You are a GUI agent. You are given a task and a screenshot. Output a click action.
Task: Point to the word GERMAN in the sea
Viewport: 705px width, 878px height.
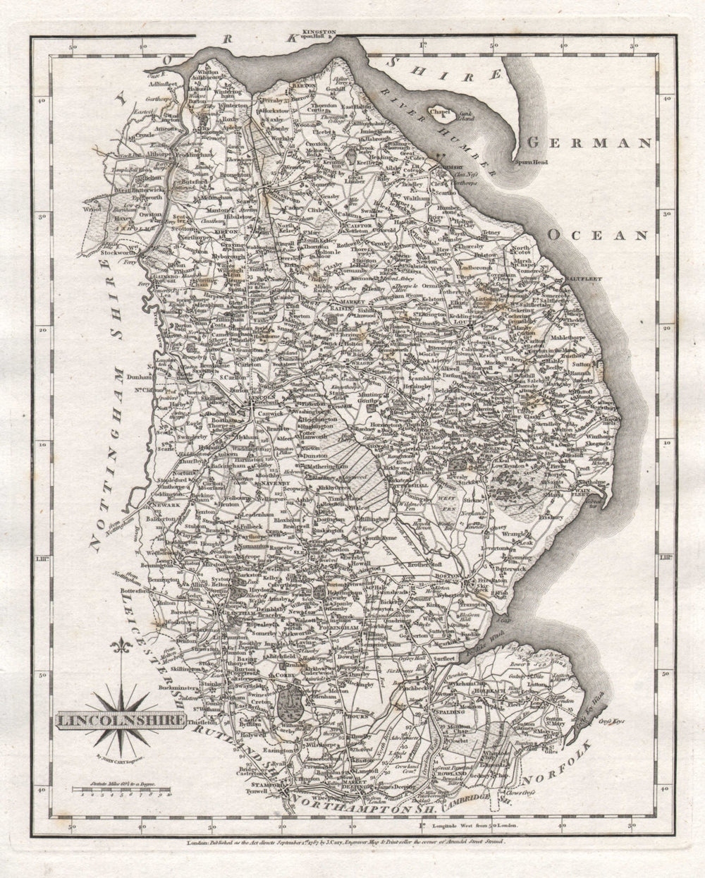tap(589, 143)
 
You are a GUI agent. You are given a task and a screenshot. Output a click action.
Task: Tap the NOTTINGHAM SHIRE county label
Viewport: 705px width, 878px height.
tap(108, 413)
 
